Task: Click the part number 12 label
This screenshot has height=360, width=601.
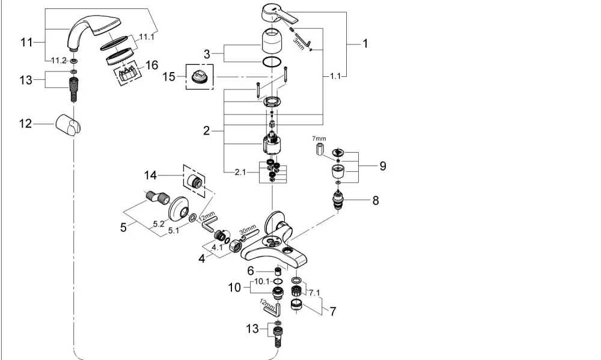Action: coord(26,123)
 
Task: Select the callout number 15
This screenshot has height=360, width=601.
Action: coord(169,77)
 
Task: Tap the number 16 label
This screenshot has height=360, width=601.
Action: coord(152,65)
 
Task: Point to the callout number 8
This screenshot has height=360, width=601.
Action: coord(375,200)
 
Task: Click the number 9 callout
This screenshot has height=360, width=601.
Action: coord(382,166)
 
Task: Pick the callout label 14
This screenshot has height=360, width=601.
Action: coord(151,175)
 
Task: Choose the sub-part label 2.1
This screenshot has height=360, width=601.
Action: coord(240,172)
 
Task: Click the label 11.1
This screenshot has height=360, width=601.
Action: coord(147,37)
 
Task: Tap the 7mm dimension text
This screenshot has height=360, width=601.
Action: coord(319,138)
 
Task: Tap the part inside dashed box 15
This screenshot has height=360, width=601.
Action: coord(200,77)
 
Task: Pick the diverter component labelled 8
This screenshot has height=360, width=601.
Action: coord(338,200)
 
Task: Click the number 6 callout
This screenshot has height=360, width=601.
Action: coord(251,271)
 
